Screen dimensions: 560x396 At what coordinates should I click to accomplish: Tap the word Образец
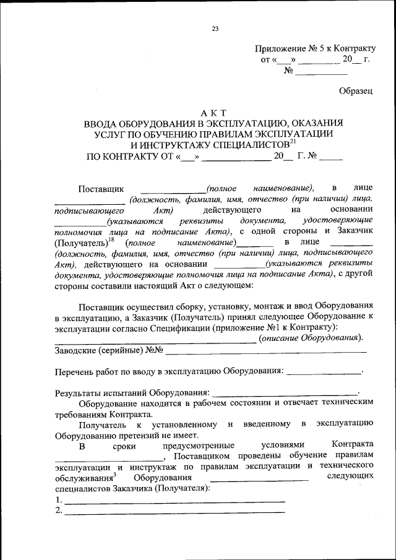[x=356, y=90]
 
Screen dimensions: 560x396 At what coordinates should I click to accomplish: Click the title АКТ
[x=214, y=112]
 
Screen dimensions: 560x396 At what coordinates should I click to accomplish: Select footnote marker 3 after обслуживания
[x=115, y=475]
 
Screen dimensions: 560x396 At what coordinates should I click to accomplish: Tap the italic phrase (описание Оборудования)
[x=311, y=338]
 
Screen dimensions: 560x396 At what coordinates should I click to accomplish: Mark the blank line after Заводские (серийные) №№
[x=266, y=351]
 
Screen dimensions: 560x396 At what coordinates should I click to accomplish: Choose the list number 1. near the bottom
[x=58, y=499]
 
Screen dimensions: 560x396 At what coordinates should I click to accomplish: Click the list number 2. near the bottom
[x=58, y=510]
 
